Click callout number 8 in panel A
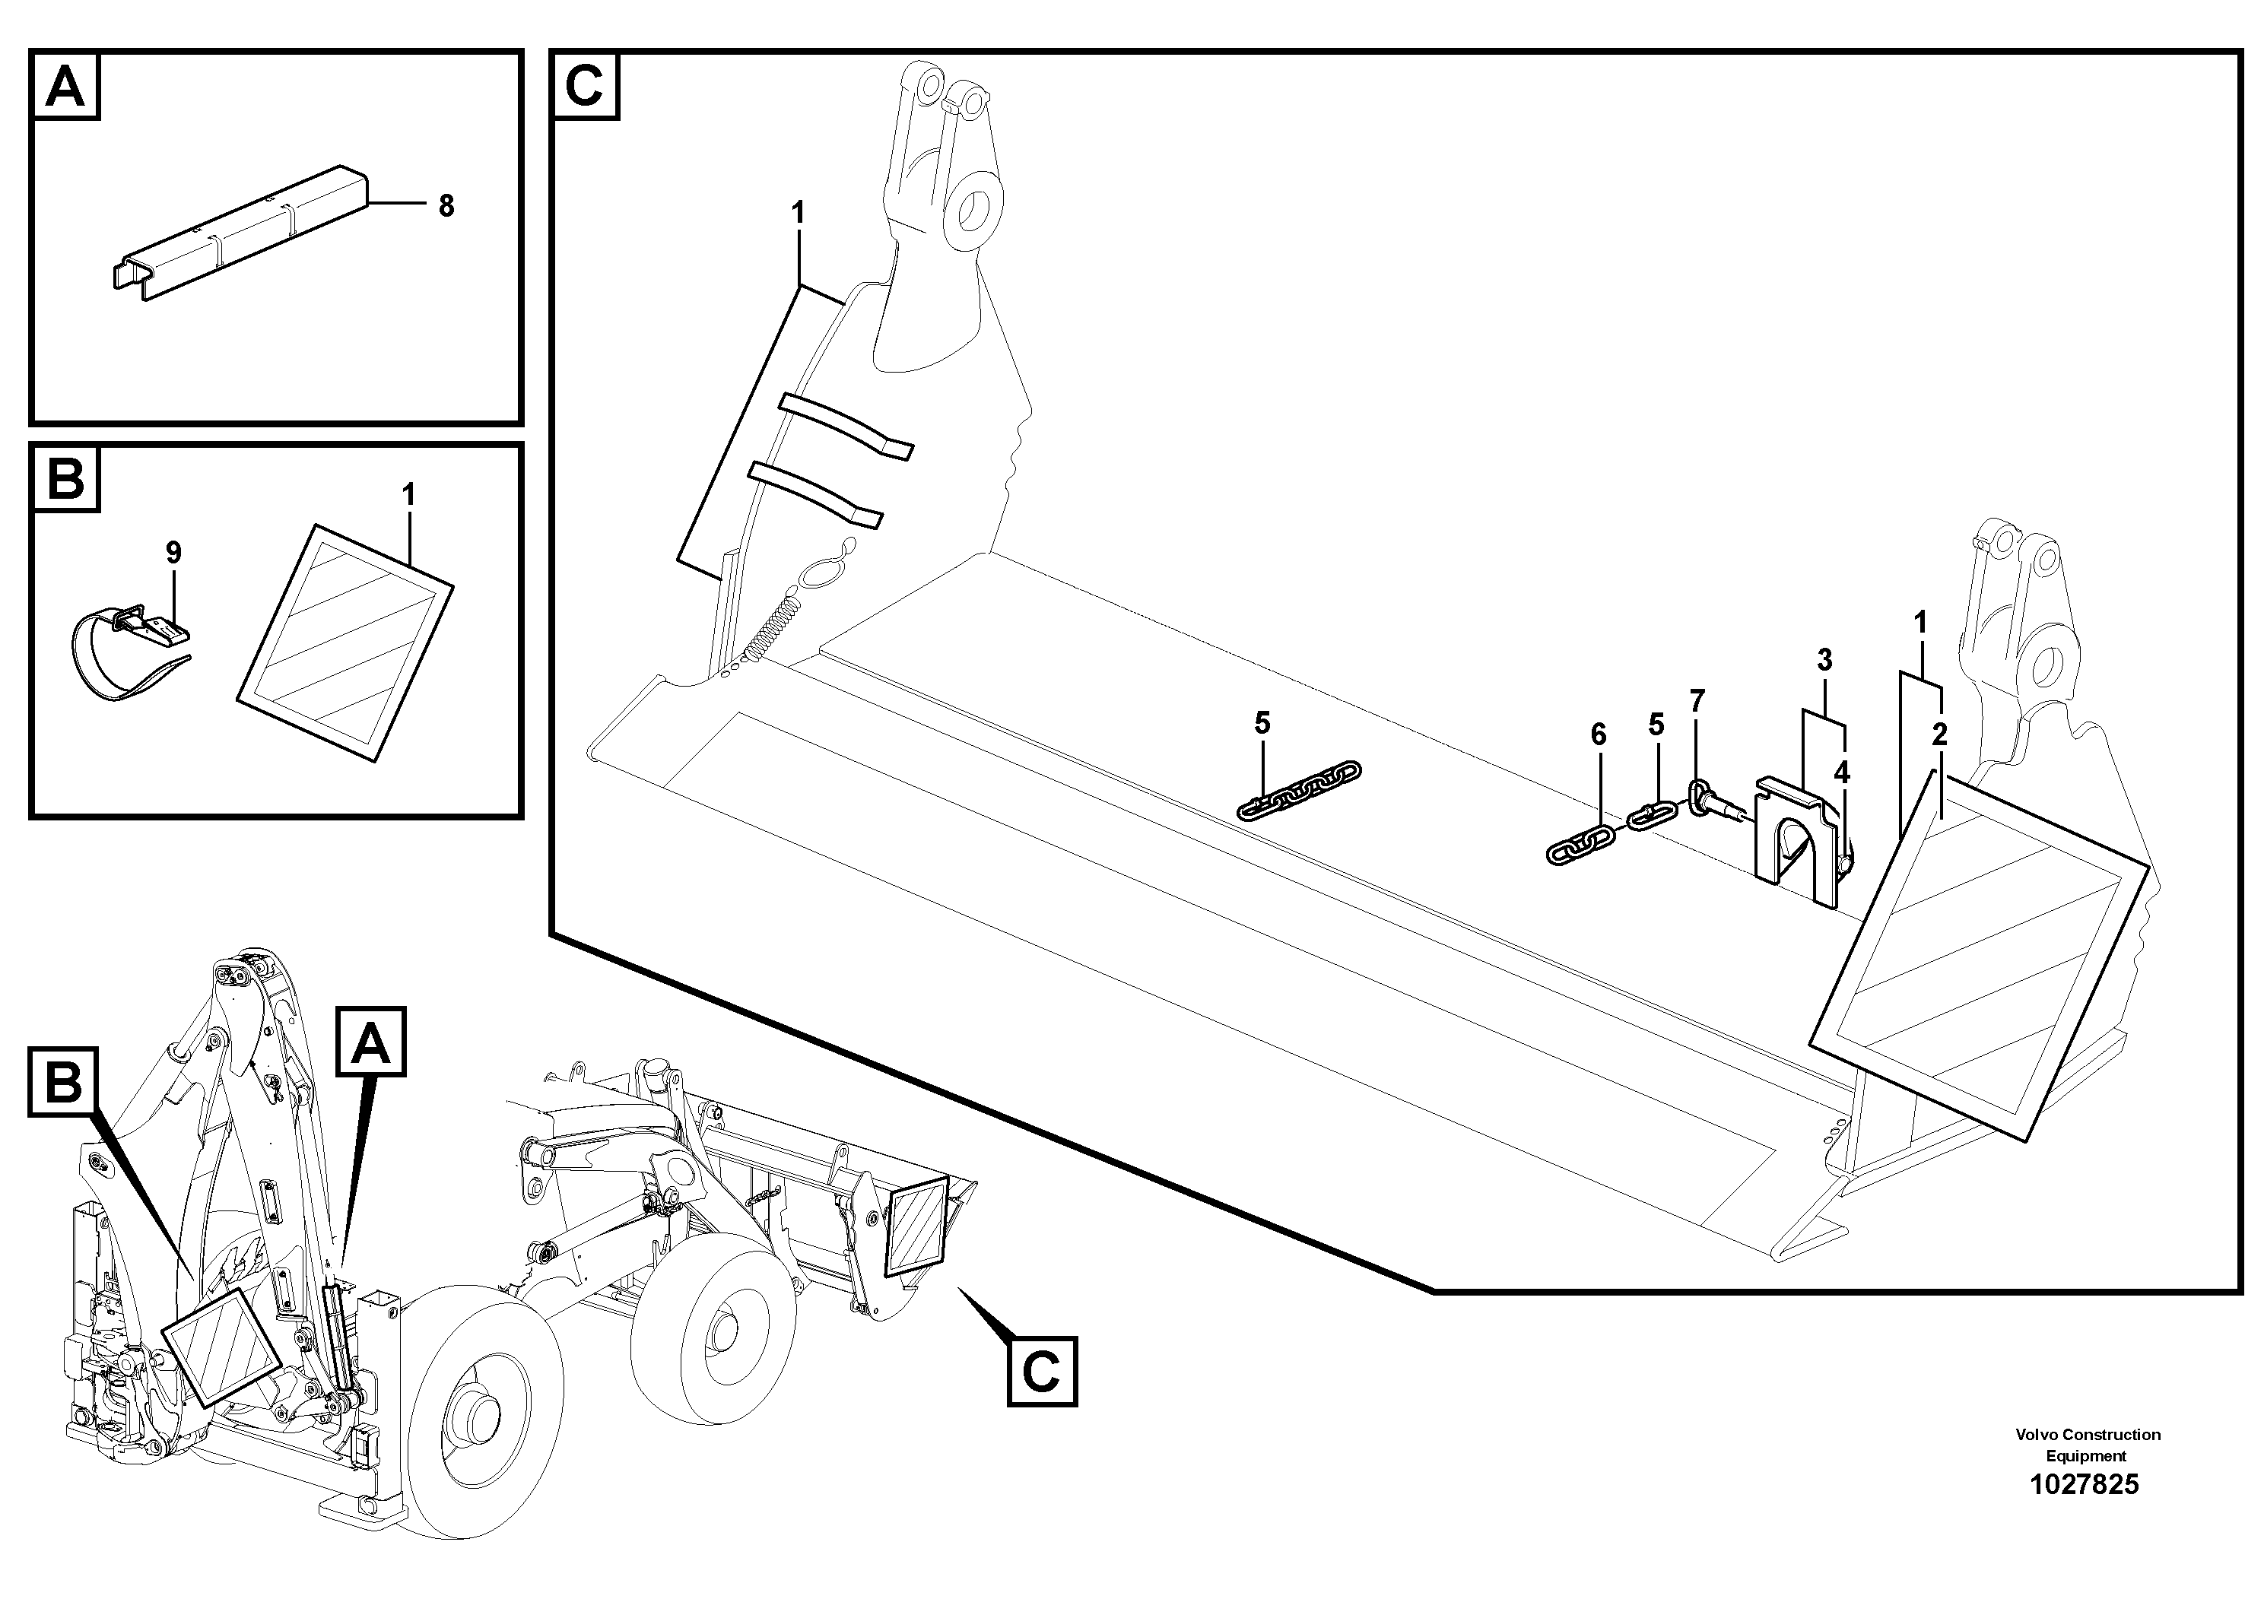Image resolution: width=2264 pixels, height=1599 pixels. tap(446, 206)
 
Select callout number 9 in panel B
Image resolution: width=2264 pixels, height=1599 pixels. tap(173, 552)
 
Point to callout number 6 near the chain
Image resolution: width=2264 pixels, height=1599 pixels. tap(1599, 734)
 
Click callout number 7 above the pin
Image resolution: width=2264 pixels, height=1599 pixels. tap(1696, 702)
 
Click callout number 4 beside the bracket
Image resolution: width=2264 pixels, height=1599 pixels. tap(1841, 774)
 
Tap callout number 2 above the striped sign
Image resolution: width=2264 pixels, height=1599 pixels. tap(1939, 734)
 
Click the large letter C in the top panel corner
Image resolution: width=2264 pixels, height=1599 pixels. tap(585, 86)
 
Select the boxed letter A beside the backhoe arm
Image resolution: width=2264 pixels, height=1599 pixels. tap(371, 1045)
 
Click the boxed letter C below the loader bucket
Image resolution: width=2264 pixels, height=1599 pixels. tap(1041, 1370)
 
